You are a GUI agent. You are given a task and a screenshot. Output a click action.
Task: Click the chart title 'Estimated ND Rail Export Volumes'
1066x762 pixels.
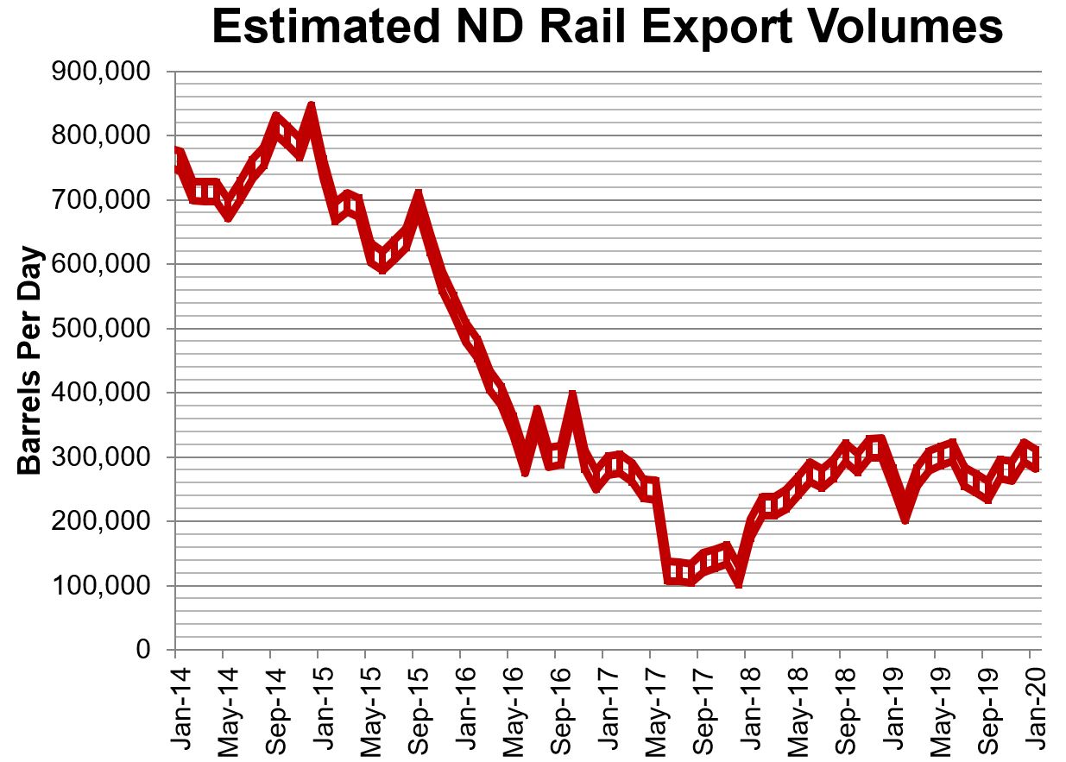(607, 28)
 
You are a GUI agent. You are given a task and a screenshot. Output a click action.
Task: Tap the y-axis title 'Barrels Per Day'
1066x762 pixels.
(31, 361)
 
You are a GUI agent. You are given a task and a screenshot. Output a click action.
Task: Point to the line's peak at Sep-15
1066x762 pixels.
(418, 198)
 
